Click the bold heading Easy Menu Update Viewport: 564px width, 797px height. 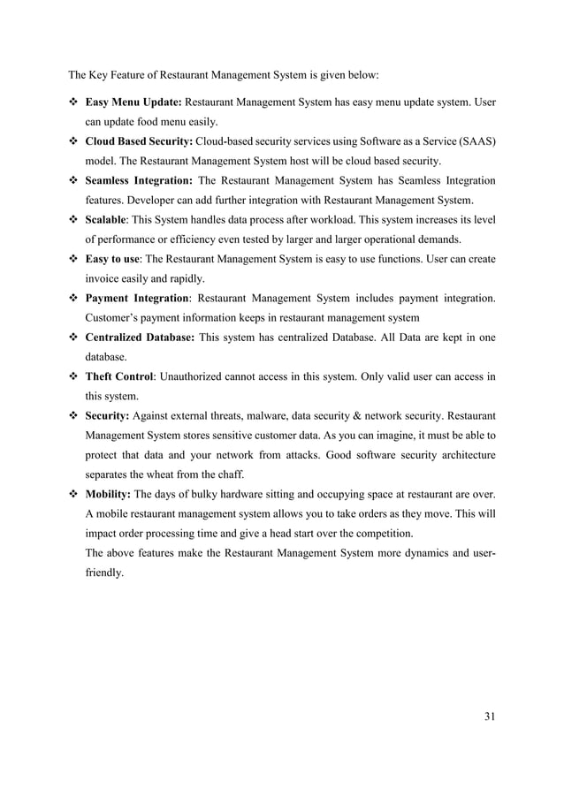[133, 103]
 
